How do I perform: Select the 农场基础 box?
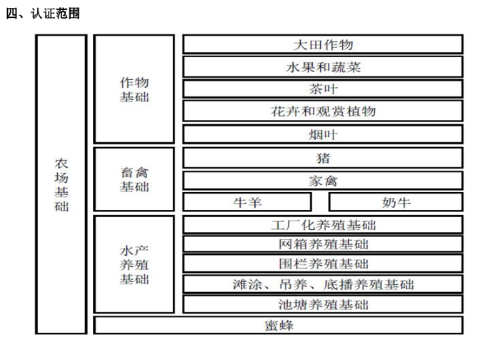coord(62,184)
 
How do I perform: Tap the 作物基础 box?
coord(134,89)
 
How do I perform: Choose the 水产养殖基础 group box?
coord(134,264)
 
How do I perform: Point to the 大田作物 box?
coord(323,44)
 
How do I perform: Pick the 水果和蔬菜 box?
coord(323,67)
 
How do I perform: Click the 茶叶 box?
coord(323,89)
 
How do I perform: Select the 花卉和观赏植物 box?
coord(323,111)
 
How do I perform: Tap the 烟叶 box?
coord(323,134)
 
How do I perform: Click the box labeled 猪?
coord(323,157)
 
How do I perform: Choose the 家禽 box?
coord(323,180)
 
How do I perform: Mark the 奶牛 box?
coord(396,202)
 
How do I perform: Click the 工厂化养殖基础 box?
coord(323,225)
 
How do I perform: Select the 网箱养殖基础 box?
coord(323,244)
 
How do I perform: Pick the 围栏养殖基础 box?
coord(323,264)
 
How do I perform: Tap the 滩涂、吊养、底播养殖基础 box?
coord(323,284)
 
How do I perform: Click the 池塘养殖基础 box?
coord(323,304)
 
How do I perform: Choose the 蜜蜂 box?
coord(278,326)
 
